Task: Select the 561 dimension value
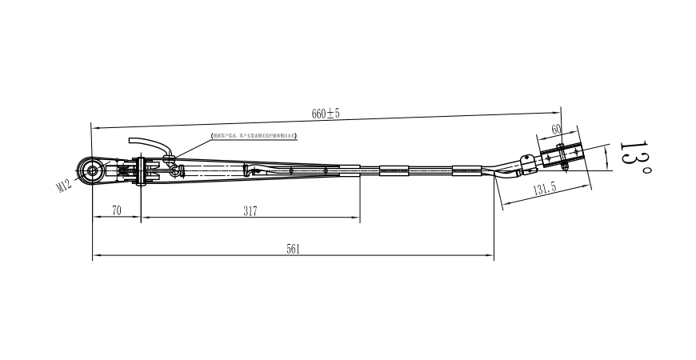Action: tap(293, 249)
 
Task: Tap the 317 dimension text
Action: tap(250, 211)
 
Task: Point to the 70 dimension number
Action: tap(116, 211)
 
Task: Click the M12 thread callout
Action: tap(63, 186)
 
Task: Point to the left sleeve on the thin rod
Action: tap(392, 170)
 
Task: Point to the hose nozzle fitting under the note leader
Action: tap(170, 158)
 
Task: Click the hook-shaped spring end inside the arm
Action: tap(253, 170)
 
